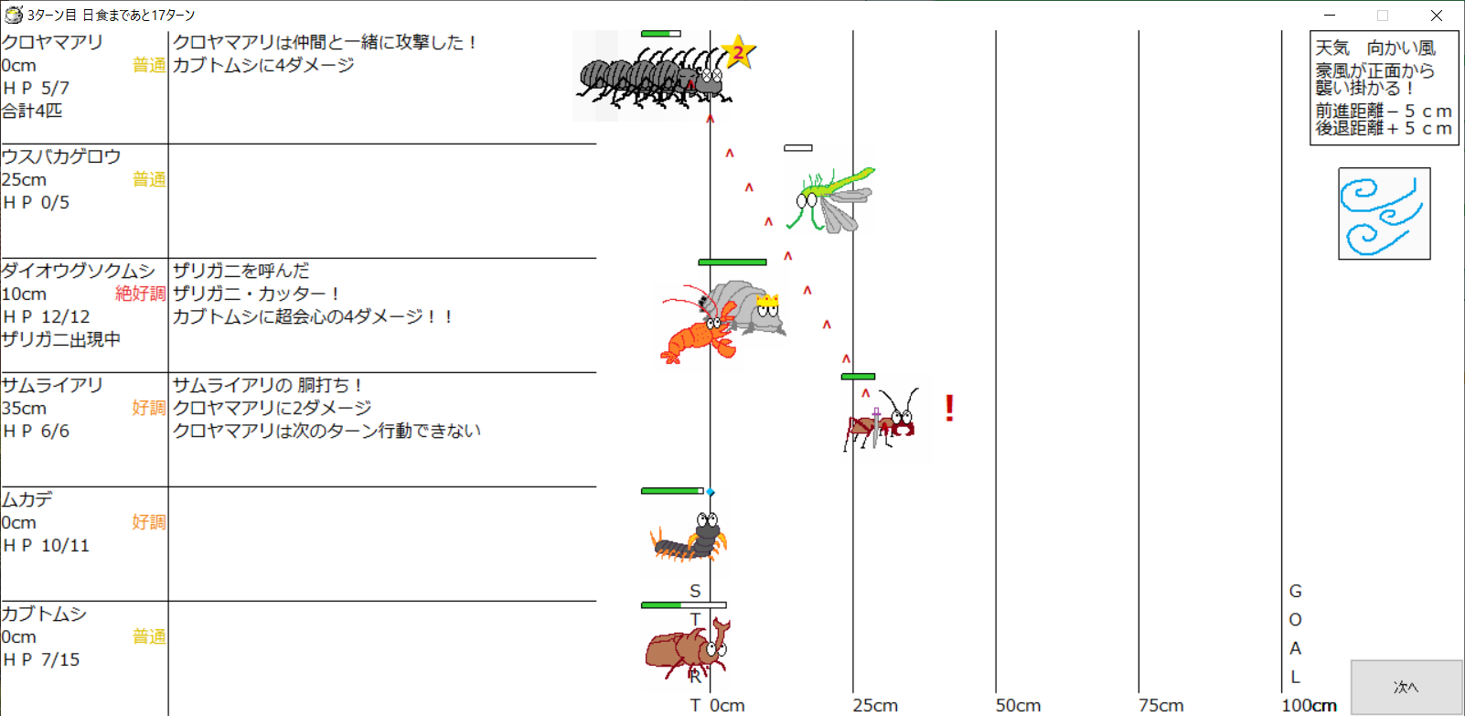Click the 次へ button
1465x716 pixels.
click(1406, 688)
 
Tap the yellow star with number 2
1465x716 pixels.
click(738, 51)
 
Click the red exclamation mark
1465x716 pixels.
click(949, 408)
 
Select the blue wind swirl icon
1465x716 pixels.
click(1384, 213)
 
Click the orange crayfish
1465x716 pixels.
click(697, 327)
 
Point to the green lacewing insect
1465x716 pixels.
click(831, 199)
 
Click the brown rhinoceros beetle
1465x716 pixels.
click(688, 649)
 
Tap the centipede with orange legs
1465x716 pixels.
click(689, 539)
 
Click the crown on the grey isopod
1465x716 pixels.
click(767, 301)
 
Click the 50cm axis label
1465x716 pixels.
click(1018, 706)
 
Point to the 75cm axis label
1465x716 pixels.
click(1160, 706)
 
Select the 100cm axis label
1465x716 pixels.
click(1309, 706)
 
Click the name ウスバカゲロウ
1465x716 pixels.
click(61, 156)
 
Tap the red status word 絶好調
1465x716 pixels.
click(141, 294)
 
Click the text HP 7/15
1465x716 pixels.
click(41, 660)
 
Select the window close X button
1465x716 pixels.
click(1437, 15)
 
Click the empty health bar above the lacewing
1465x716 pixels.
click(798, 148)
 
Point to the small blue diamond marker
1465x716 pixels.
click(711, 492)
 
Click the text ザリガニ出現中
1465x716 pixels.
click(61, 339)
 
